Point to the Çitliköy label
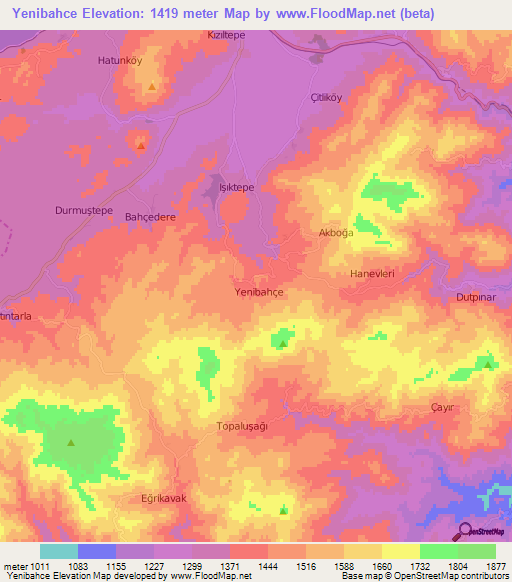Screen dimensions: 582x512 [327, 97]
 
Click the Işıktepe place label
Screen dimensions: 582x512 [237, 187]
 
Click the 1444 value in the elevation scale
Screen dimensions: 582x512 [269, 565]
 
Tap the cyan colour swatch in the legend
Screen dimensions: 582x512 [59, 551]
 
